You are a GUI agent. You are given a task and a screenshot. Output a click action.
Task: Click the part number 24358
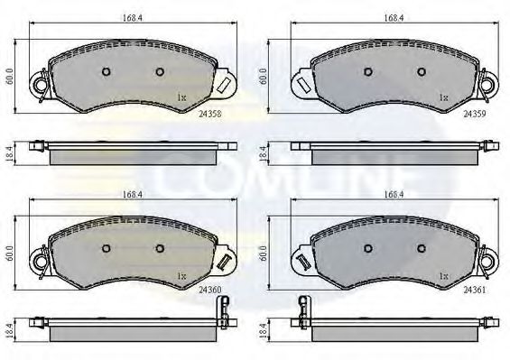click(x=211, y=115)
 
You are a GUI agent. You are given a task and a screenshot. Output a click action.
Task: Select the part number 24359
click(x=474, y=115)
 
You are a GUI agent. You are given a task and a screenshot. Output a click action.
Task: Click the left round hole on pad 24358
click(x=105, y=72)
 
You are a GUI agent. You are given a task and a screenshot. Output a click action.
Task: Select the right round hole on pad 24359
click(x=421, y=72)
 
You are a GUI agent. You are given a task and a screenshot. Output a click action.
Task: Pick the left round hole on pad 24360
click(x=105, y=247)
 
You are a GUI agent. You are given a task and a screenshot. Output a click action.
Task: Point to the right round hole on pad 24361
click(x=421, y=247)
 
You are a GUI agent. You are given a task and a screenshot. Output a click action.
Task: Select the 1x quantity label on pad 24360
click(x=181, y=274)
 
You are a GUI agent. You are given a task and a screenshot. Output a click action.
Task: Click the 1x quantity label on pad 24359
click(x=443, y=97)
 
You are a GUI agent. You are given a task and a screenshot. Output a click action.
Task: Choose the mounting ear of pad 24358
click(x=39, y=87)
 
